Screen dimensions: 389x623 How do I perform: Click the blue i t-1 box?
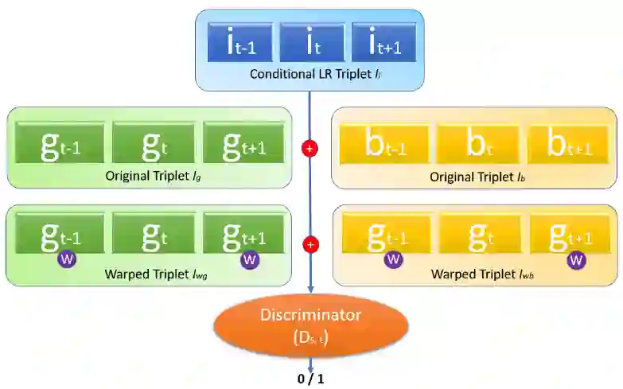pyautogui.click(x=239, y=42)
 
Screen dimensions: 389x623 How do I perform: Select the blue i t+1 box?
pyautogui.click(x=383, y=42)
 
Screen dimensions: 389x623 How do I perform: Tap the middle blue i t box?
pyautogui.click(x=311, y=42)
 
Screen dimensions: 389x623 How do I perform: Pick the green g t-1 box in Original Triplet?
pyautogui.click(x=60, y=142)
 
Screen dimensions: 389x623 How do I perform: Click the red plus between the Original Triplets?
pyautogui.click(x=310, y=148)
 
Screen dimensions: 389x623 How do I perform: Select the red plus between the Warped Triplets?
pyautogui.click(x=310, y=244)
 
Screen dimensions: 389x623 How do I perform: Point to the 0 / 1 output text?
pyautogui.click(x=310, y=379)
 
